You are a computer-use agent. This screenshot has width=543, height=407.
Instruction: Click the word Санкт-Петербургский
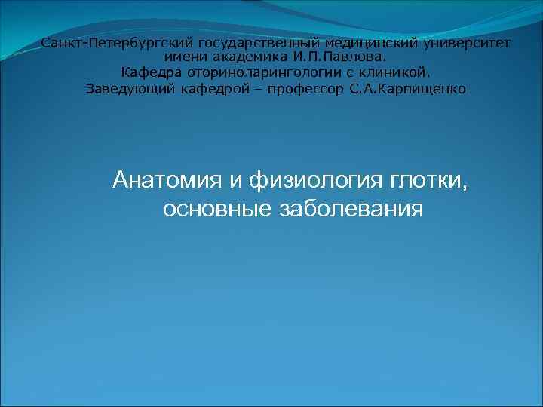pos(118,44)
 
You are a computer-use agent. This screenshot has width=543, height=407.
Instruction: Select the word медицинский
pos(363,44)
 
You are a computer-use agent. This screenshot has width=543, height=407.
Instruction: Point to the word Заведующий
pos(124,89)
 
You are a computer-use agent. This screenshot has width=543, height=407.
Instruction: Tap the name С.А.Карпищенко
pos(408,89)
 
